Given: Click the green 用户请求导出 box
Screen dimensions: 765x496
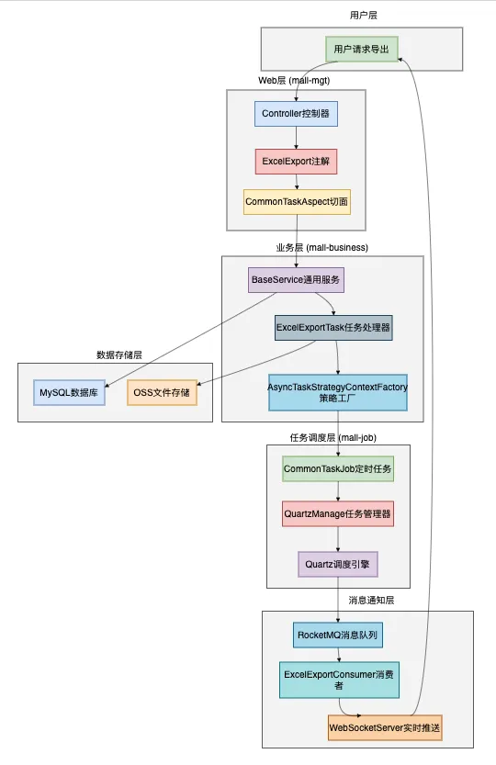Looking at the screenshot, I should coord(362,49).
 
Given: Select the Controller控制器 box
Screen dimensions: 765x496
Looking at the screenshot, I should coord(296,114).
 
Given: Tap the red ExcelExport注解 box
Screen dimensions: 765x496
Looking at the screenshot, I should coord(296,162).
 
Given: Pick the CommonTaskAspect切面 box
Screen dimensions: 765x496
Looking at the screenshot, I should coord(297,202).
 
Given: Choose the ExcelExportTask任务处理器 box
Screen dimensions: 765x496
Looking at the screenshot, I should coord(333,328).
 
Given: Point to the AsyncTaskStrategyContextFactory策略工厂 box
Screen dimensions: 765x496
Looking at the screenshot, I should coord(337,394).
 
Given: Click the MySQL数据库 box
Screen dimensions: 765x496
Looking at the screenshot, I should coord(68,393).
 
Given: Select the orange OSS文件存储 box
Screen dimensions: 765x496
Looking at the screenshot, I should coord(162,393).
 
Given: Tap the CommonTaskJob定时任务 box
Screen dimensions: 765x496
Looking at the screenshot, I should coord(337,469).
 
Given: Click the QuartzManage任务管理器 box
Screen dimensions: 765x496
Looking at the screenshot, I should coord(337,513).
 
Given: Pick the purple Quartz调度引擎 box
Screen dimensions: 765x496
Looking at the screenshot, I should coord(337,564).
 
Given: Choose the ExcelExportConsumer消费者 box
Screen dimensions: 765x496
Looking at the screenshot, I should coord(337,679).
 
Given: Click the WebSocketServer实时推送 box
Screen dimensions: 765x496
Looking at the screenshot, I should coord(385,728).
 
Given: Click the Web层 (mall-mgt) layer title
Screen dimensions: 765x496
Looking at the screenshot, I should coord(294,81).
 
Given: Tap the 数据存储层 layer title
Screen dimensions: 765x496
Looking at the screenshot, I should coord(119,354).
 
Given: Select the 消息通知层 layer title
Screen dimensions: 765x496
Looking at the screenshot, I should coord(371,600).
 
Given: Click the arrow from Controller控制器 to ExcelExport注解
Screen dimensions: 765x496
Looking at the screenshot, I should coord(296,138).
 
